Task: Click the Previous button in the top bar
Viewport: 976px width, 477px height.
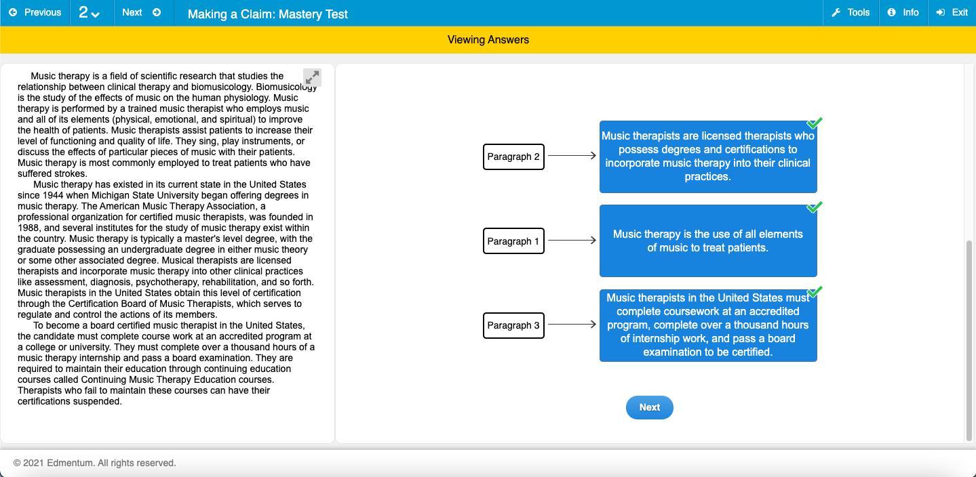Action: point(35,13)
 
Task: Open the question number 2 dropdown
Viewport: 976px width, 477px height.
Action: point(89,13)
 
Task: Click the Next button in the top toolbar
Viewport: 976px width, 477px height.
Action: point(141,13)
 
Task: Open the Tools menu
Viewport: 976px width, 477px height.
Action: point(851,13)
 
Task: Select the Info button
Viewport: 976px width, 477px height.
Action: point(903,13)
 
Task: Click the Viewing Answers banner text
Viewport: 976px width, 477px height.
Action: point(488,40)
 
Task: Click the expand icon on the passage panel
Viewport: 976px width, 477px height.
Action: point(312,77)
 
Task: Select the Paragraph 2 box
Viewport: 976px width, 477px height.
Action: point(513,157)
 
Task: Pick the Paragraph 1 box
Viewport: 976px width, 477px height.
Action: point(513,241)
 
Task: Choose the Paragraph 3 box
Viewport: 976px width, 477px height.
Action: point(513,325)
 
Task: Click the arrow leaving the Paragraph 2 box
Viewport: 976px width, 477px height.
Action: point(572,156)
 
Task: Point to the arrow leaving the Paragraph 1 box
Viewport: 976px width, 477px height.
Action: point(572,241)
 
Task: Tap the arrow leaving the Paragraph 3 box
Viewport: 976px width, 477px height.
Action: point(572,325)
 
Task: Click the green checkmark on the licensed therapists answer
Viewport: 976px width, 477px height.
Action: point(815,123)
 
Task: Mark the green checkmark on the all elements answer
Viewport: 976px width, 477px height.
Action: point(815,207)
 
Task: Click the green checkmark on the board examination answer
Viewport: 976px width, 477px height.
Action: point(815,292)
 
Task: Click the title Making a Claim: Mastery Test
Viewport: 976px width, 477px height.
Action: point(267,14)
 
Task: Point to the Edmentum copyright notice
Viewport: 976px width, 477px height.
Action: point(95,463)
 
